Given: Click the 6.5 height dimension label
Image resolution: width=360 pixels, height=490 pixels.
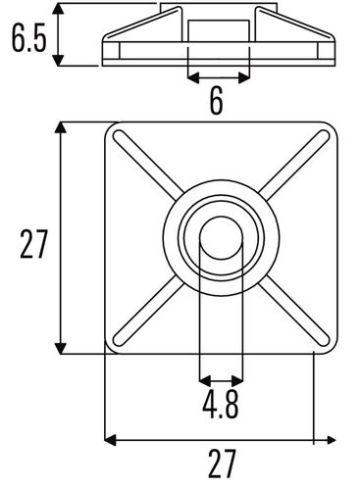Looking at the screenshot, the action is (28, 37).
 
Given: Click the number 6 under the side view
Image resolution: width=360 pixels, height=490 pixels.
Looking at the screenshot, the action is (217, 100).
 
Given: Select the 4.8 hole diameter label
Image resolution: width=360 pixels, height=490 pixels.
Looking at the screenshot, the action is (221, 405).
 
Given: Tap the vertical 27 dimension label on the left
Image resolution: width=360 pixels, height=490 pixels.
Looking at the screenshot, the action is (34, 244).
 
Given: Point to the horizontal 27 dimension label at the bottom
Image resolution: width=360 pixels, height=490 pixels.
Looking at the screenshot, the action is (222, 464).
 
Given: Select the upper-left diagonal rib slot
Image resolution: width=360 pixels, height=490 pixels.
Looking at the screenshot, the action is (148, 163).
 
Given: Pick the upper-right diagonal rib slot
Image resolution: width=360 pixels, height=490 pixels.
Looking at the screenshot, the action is (294, 165).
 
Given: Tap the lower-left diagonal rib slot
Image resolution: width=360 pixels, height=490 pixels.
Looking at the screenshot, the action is (148, 314).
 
